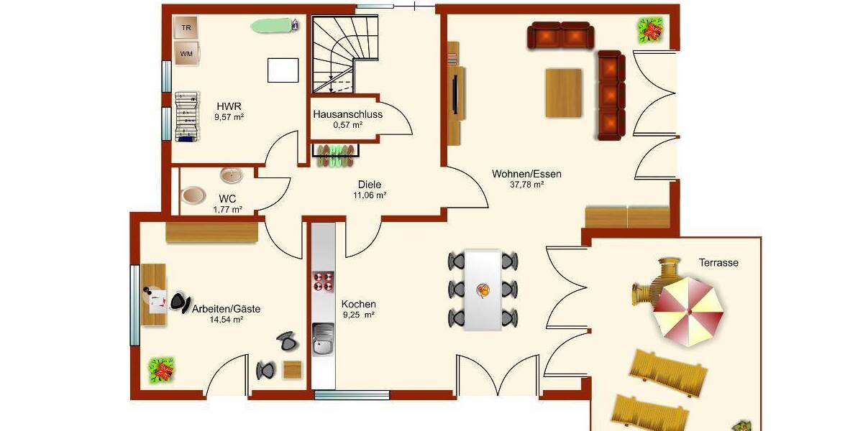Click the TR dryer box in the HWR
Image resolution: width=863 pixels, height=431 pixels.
pos(186,28)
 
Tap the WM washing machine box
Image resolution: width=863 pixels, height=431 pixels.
pos(186,53)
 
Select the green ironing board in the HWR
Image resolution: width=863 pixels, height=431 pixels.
pos(274,26)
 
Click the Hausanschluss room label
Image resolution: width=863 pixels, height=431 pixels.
pos(347,114)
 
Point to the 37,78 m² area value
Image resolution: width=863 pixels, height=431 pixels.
pos(527,185)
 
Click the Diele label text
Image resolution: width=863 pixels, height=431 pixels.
pos(369,184)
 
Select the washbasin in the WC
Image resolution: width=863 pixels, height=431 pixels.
pos(232,175)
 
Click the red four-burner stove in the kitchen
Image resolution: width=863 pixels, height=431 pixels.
pos(324,281)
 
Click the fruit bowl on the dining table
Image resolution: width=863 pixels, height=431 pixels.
pos(483,290)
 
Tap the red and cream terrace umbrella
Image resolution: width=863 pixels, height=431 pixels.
pos(688,312)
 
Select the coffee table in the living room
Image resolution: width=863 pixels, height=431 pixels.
pos(563,92)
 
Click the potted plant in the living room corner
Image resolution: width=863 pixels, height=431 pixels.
pos(652,31)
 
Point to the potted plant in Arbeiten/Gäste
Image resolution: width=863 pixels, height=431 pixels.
pos(162,371)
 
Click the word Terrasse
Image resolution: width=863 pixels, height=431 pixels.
pos(718,263)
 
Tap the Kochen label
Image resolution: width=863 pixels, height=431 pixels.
pos(359,304)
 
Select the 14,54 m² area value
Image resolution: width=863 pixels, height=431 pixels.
pos(226,320)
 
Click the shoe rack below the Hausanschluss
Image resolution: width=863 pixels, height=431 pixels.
pos(335,155)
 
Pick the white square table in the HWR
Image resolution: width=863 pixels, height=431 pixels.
pos(283,70)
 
